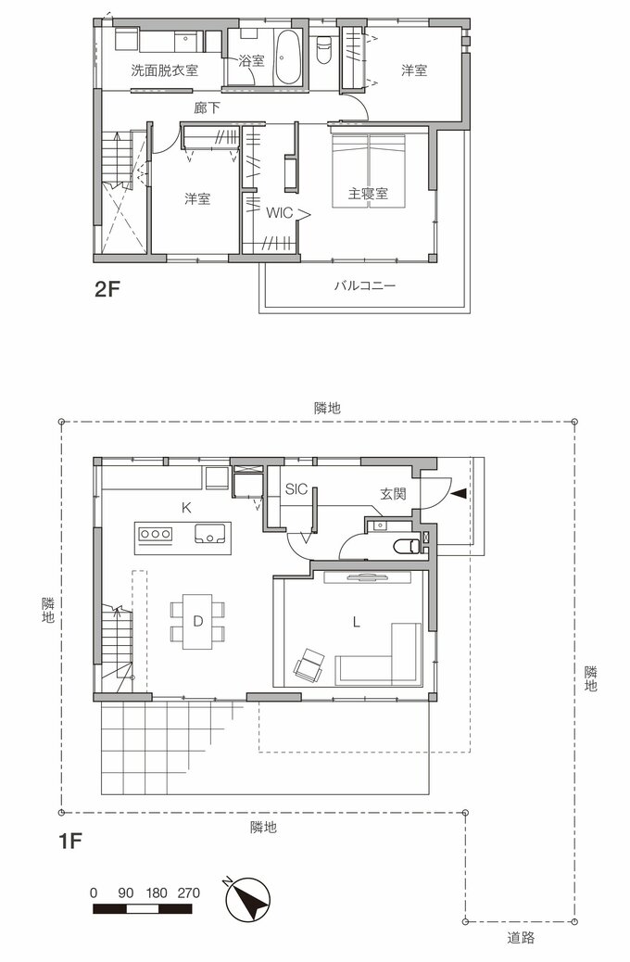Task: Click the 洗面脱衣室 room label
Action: point(164,70)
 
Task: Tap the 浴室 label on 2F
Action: point(251,61)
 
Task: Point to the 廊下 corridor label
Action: point(208,108)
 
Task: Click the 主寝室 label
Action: point(368,194)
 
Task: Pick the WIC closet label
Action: point(280,212)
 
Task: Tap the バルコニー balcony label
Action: point(365,286)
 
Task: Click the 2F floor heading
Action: point(108,289)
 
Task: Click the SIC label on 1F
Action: point(296,488)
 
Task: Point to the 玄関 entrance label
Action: point(393,494)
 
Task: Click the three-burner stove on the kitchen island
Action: point(155,533)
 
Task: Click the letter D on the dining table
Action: point(197,621)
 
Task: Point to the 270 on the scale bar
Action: point(188,892)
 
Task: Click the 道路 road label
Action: point(521,937)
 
